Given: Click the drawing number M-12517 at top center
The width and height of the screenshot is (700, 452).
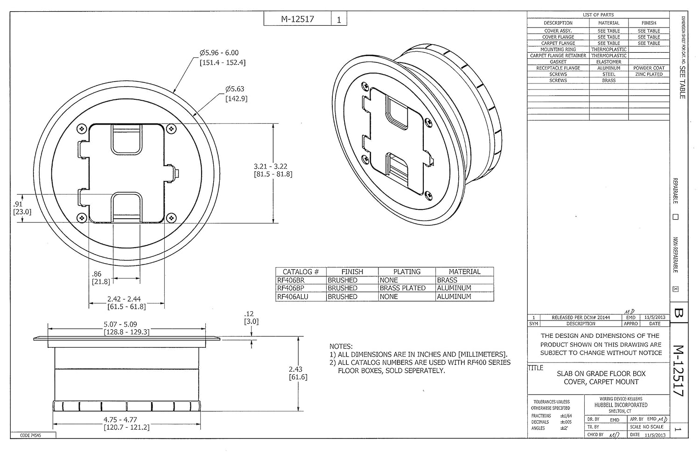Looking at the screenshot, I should click(297, 19).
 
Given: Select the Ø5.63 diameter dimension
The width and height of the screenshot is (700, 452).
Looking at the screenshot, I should click(235, 93).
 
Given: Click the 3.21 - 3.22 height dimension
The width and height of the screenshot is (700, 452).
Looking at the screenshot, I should click(270, 170).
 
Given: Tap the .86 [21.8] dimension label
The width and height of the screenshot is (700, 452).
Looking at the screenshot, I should click(101, 278).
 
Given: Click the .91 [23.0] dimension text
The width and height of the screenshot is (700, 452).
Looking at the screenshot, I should click(21, 208).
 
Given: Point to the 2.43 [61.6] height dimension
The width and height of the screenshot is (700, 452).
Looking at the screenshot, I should click(298, 373).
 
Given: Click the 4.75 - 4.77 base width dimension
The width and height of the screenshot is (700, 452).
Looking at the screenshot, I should click(126, 423).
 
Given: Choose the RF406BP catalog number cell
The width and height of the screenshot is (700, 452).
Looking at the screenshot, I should click(291, 288).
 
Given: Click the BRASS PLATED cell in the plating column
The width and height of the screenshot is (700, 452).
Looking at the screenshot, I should click(402, 288).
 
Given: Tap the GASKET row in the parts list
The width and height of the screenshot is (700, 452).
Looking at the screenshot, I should click(558, 62).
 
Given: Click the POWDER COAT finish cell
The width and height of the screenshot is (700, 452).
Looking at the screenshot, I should click(649, 68).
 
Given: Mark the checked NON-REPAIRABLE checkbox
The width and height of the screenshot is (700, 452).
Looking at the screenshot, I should click(675, 289).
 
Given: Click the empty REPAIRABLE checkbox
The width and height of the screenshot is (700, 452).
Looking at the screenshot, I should click(675, 217).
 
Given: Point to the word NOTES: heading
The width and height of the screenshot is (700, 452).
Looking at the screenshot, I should click(341, 347).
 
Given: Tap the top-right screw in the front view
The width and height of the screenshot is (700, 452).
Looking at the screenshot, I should click(171, 129).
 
